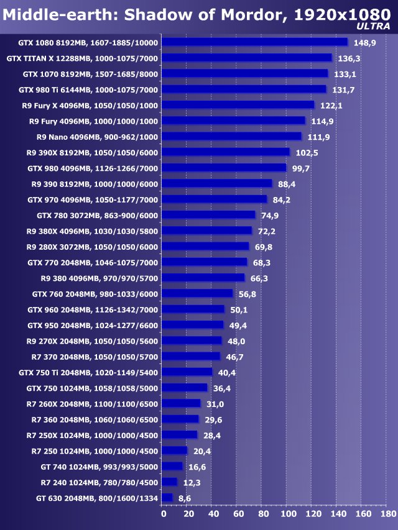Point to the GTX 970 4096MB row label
pyautogui.click(x=93, y=199)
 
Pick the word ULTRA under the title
pyautogui.click(x=374, y=26)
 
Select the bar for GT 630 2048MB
pyautogui.click(x=167, y=498)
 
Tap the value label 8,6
pyautogui.click(x=185, y=498)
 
